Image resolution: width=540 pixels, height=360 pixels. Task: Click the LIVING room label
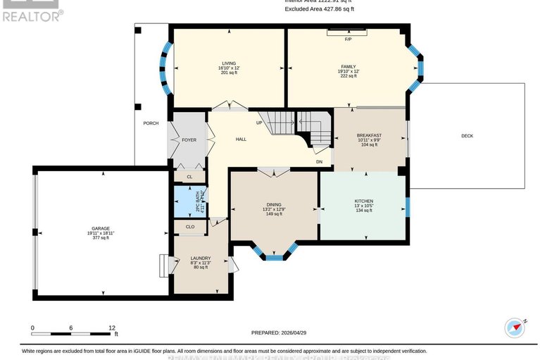click(x=228, y=63)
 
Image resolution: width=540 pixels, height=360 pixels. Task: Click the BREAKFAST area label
click(x=369, y=135)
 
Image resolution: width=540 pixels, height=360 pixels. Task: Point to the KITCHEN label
click(x=363, y=201)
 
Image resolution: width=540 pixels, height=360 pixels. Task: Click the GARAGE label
click(x=100, y=229)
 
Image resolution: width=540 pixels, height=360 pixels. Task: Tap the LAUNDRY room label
click(x=201, y=259)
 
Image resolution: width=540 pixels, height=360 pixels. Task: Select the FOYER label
click(x=189, y=140)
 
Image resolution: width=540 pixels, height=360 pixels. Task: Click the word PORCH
click(x=151, y=123)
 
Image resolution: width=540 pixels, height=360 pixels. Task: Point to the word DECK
click(x=467, y=135)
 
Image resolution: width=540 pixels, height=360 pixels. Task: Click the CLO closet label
click(x=190, y=227)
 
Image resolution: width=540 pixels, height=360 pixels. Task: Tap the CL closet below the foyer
click(x=189, y=177)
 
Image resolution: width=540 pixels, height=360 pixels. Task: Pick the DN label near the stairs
click(x=319, y=162)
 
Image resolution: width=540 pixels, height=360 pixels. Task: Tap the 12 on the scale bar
click(x=111, y=328)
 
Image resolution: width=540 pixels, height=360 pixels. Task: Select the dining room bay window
click(x=274, y=255)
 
